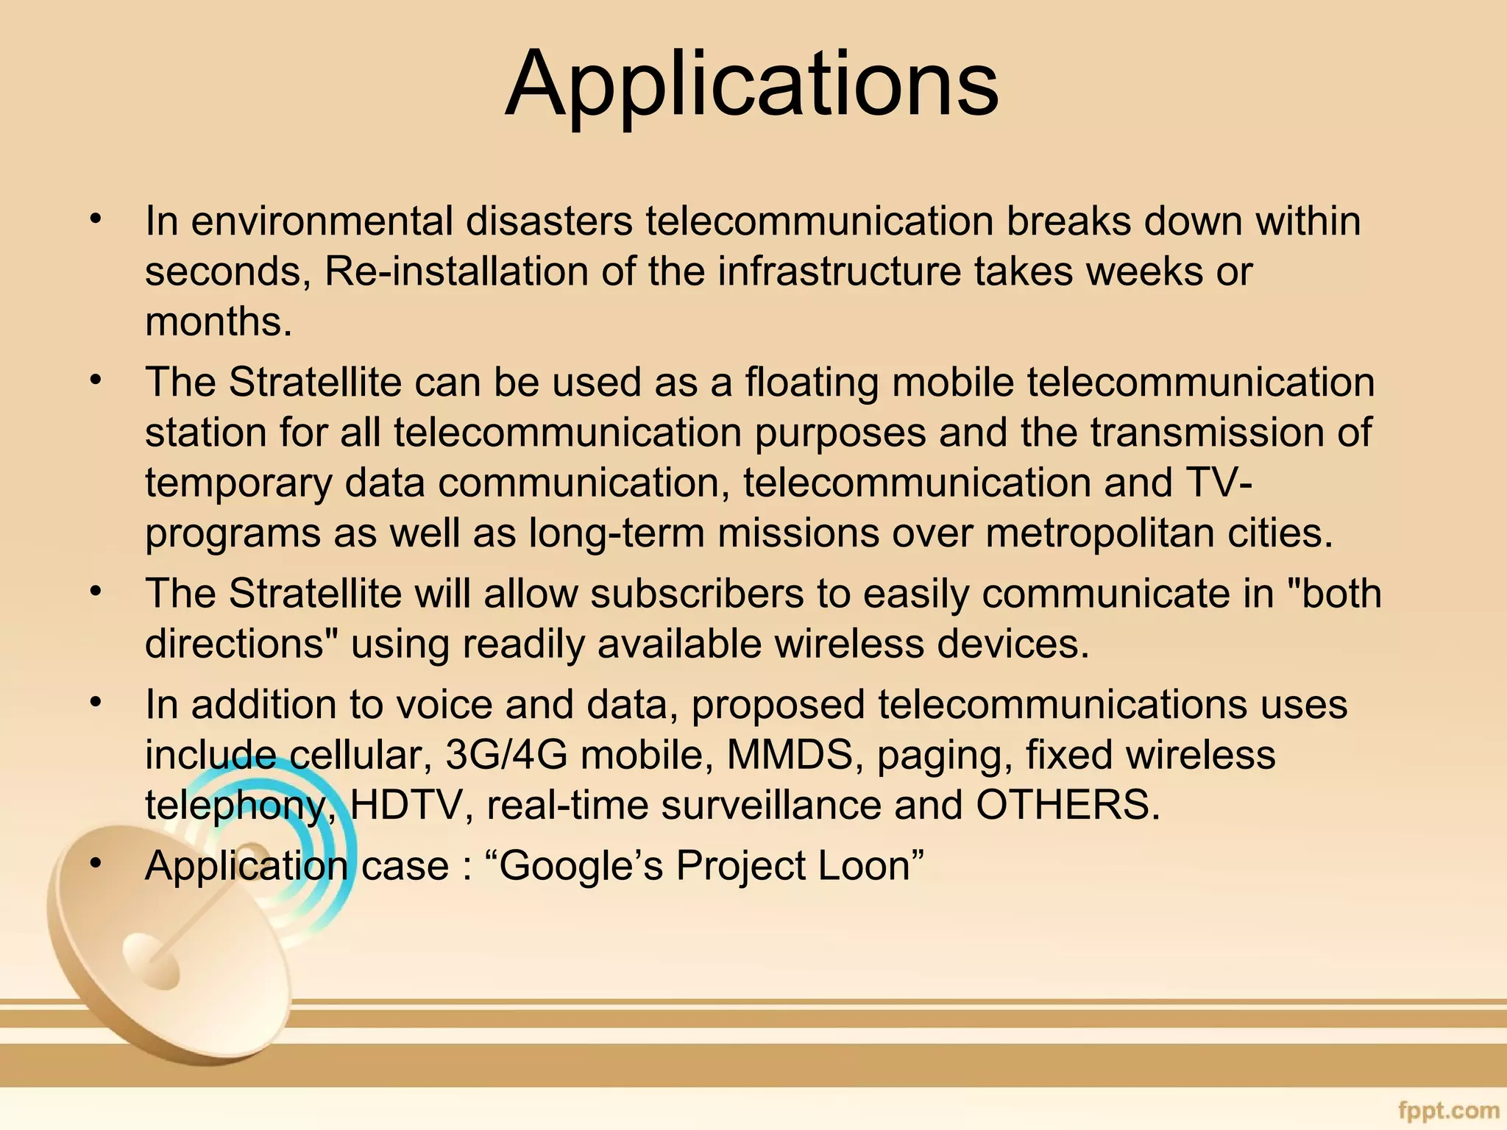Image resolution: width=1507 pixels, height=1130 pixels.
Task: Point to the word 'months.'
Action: click(x=219, y=321)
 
